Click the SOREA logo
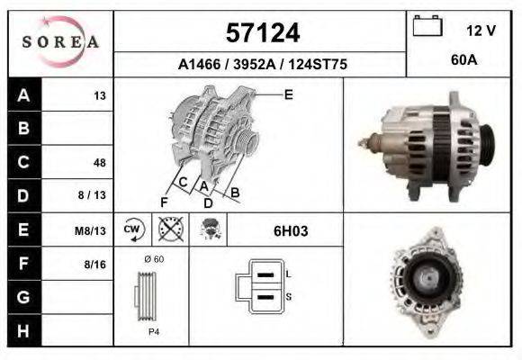click(x=60, y=42)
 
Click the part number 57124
click(x=261, y=33)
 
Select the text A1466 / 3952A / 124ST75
click(x=262, y=65)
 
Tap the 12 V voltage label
click(x=481, y=30)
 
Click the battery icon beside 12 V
click(x=427, y=27)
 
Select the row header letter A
click(x=23, y=95)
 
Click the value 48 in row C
click(x=99, y=163)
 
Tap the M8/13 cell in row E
click(x=91, y=230)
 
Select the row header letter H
click(x=23, y=331)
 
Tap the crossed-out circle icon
click(x=170, y=229)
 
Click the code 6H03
click(x=291, y=230)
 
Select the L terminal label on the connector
click(x=287, y=273)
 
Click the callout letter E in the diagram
click(x=288, y=94)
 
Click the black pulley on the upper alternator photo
click(x=486, y=146)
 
